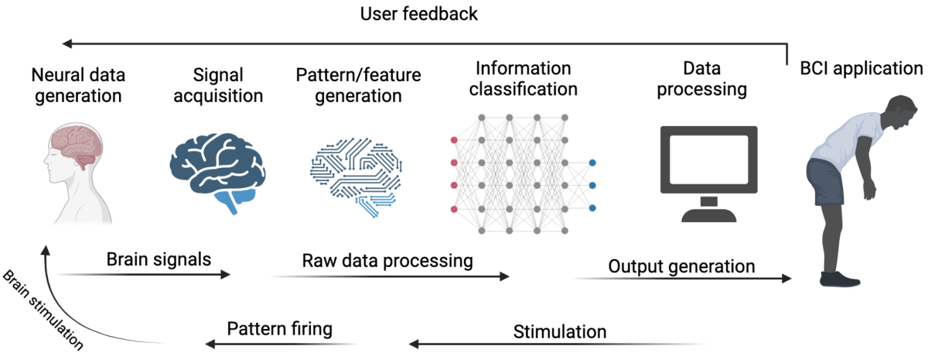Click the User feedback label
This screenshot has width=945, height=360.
pos(419,14)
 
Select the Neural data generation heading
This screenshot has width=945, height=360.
pos(78,85)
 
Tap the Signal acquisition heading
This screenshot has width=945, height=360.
pos(218,85)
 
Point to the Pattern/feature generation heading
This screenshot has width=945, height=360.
pos(358,85)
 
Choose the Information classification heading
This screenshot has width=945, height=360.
pos(523,78)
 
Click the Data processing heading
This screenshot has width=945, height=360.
pos(701,78)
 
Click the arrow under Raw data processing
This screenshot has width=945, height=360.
pos(390,276)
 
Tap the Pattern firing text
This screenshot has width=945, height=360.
pos(280,329)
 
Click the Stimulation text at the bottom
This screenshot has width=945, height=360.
pos(560,332)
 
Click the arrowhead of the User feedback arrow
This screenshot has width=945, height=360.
pos(67,44)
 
